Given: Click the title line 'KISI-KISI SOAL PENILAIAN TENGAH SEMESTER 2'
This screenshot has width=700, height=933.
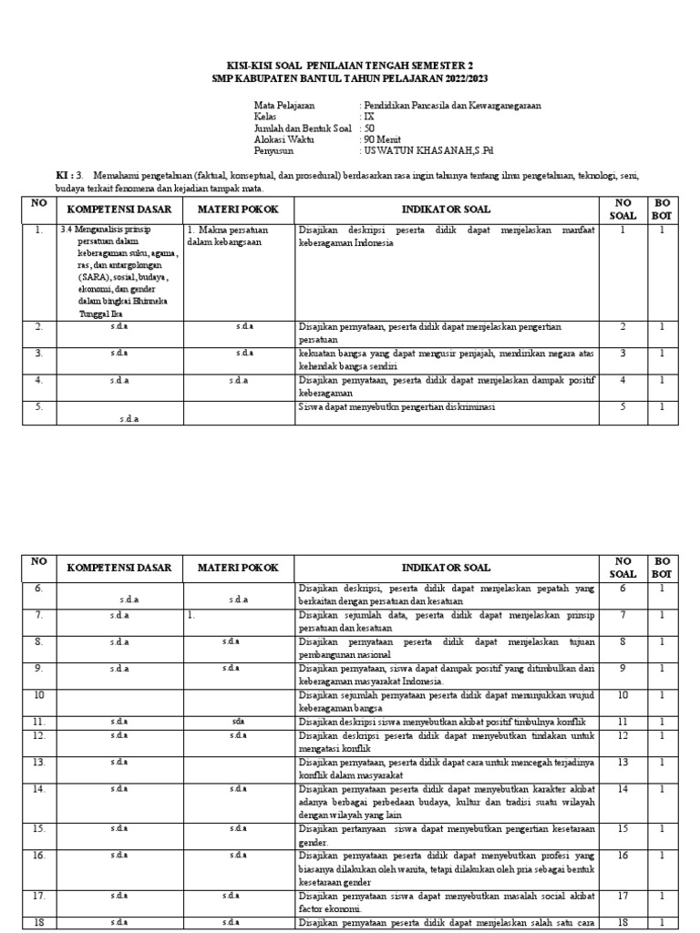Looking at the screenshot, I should (x=350, y=66).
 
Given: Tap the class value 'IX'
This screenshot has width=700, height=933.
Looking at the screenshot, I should (x=368, y=118).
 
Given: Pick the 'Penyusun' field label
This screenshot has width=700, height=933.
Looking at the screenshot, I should (x=273, y=152).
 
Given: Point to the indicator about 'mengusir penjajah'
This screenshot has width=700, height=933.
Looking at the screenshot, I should (x=446, y=354).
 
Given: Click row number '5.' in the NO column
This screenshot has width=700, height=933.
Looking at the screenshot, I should (x=39, y=407).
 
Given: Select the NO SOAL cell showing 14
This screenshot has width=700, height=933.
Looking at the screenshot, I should (x=623, y=788).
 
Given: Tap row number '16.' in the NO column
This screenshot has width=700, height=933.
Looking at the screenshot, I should (x=39, y=856).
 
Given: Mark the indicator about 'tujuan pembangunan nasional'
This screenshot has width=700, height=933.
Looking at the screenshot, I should (x=447, y=647).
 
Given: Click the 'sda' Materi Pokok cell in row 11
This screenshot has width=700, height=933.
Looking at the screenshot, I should (x=239, y=722).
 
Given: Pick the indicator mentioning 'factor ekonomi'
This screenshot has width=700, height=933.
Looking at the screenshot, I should (x=447, y=902).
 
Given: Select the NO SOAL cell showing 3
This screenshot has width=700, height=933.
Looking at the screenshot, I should (x=623, y=354).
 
